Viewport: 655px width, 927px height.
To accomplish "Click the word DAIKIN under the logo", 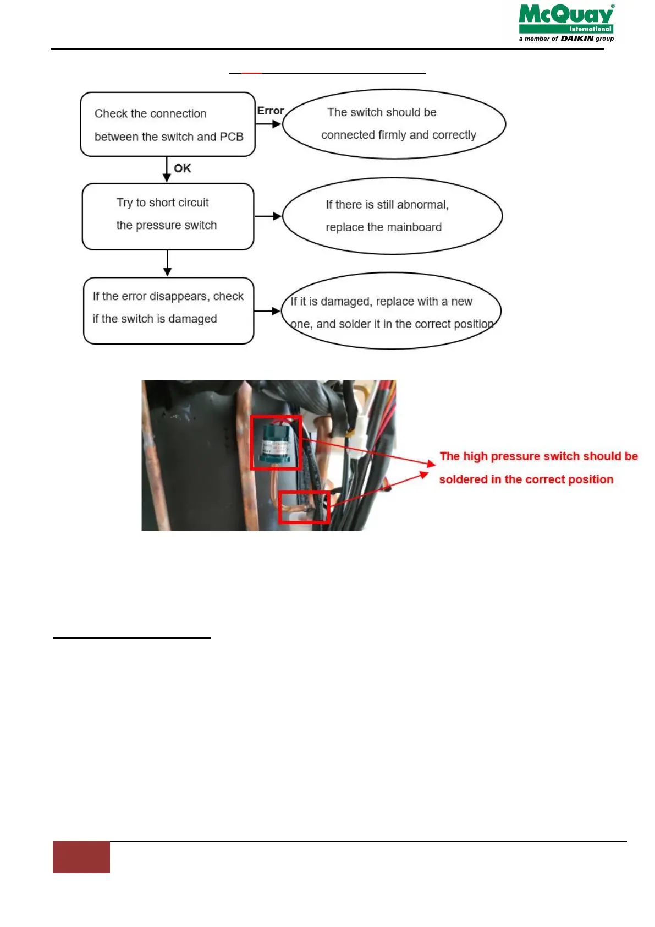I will pyautogui.click(x=577, y=39).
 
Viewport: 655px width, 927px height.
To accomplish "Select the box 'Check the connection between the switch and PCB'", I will pyautogui.click(x=168, y=124).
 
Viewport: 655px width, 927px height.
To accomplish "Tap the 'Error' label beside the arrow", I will pyautogui.click(x=271, y=111).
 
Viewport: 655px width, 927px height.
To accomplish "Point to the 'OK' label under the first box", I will pyautogui.click(x=183, y=168).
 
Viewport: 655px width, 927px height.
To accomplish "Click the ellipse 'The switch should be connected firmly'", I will pyautogui.click(x=394, y=124).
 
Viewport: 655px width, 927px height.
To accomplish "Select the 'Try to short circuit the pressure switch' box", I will pyautogui.click(x=168, y=216).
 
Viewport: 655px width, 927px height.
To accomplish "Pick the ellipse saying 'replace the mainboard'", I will pyautogui.click(x=392, y=216).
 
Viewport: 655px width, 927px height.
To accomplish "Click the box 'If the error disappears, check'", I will pyautogui.click(x=168, y=310).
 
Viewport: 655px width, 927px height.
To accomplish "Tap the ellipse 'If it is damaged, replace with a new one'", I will pyautogui.click(x=391, y=311).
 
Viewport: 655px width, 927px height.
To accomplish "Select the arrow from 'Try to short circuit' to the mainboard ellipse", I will pyautogui.click(x=268, y=216).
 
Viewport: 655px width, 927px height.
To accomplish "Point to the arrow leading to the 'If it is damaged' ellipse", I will pyautogui.click(x=268, y=311).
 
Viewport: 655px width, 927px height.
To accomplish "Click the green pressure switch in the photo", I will pyautogui.click(x=275, y=442).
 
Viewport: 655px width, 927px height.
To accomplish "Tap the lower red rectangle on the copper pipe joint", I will pyautogui.click(x=304, y=506).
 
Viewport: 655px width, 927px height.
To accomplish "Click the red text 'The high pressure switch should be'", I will pyautogui.click(x=538, y=456).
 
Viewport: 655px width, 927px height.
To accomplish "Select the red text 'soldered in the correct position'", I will pyautogui.click(x=526, y=479).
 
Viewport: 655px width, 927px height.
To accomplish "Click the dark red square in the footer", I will pyautogui.click(x=81, y=857).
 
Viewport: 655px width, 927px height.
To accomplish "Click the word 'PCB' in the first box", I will pyautogui.click(x=232, y=137).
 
